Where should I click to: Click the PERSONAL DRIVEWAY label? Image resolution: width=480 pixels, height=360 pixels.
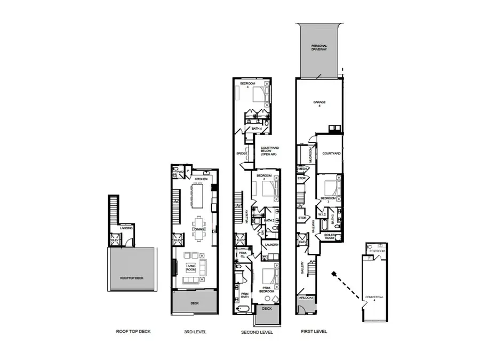coord(319,48)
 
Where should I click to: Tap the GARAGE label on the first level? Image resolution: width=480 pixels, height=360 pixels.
coord(319,103)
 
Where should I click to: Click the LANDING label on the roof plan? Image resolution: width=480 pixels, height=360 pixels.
coord(126,228)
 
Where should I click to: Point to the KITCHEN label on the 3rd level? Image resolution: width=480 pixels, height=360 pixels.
coord(201,179)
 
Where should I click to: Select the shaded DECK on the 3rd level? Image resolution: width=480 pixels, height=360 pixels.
coord(194,302)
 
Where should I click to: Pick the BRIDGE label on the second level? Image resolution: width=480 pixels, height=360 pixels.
coord(242,154)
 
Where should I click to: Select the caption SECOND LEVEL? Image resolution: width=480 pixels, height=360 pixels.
coord(257,332)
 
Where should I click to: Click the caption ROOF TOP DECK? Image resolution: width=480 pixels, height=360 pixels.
coord(133,331)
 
